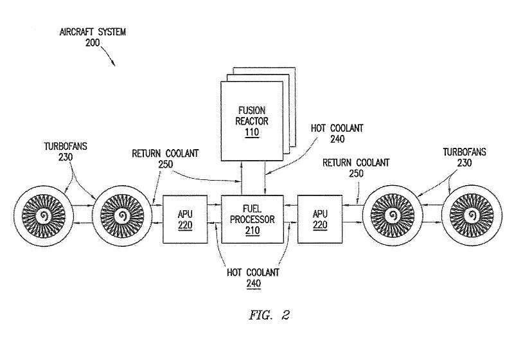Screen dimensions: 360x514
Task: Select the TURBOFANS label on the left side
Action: pos(66,146)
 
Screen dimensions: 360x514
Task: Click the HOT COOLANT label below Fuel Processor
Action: pos(252,272)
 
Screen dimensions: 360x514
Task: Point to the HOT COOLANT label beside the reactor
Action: pos(337,129)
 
